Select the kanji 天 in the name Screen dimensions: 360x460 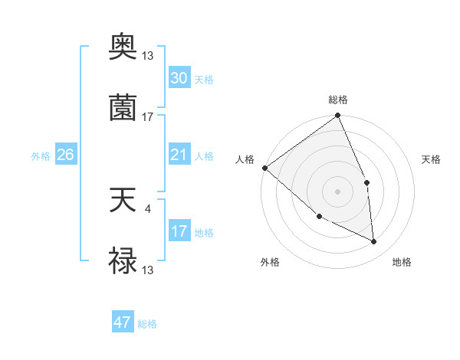[x=123, y=202]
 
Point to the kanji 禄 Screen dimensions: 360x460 [x=123, y=261]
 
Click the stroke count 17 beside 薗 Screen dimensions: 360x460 [x=148, y=117]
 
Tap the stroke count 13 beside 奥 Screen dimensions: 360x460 [x=148, y=56]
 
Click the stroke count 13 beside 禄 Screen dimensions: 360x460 [x=148, y=270]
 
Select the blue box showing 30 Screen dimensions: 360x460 [x=179, y=78]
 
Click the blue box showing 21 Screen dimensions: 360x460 [x=179, y=155]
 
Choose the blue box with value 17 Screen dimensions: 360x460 [x=179, y=231]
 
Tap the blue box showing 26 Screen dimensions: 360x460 [x=66, y=155]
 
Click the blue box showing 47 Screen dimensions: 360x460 [x=123, y=322]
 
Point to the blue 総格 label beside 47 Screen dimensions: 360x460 [x=147, y=324]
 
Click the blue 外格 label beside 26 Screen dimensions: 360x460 [x=41, y=156]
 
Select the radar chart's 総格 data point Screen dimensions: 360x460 [x=337, y=116]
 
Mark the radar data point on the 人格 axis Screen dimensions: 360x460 [x=264, y=168]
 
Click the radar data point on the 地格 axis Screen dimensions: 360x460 [x=374, y=242]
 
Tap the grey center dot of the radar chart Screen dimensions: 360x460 [x=337, y=191]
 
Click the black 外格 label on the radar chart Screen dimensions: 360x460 [x=270, y=262]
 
